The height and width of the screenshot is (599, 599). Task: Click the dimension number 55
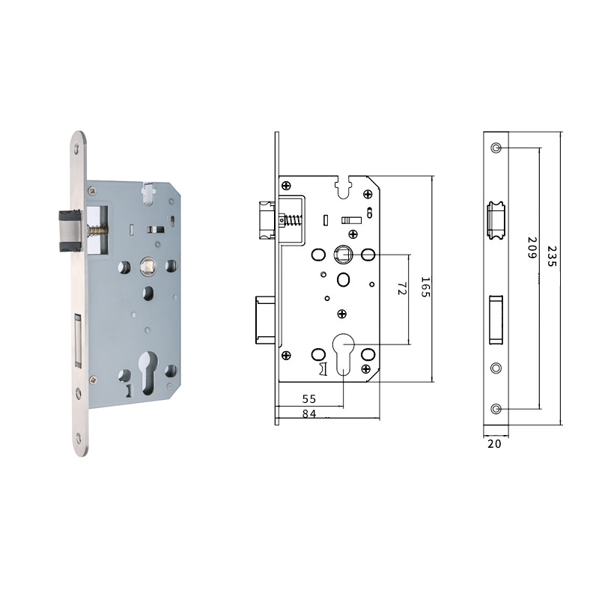[x=308, y=400]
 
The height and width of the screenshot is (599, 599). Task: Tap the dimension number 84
[x=308, y=413]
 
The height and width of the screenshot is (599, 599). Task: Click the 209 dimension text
[x=532, y=248]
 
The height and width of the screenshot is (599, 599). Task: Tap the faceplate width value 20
[x=494, y=443]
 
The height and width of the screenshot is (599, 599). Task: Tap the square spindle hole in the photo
[x=147, y=265]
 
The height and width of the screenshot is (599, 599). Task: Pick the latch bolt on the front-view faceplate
[x=495, y=217]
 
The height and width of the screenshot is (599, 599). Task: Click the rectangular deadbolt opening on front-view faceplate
[x=495, y=320]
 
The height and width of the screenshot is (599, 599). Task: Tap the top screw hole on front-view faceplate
[x=496, y=148]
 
